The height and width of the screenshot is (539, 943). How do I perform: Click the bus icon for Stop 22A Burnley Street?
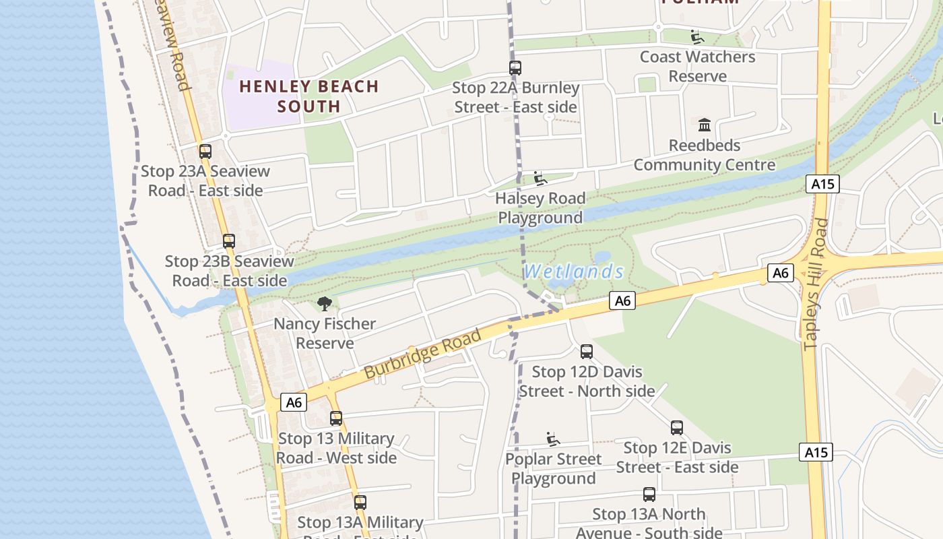[x=515, y=68]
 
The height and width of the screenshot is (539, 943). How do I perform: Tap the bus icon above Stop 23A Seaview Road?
[x=205, y=152]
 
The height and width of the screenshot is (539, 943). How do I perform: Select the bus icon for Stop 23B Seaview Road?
[x=229, y=241]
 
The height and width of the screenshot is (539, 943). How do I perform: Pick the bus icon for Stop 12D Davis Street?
[x=587, y=352]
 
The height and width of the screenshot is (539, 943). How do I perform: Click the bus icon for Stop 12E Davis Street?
[x=677, y=428]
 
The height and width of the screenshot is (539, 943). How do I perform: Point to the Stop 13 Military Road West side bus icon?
[x=336, y=418]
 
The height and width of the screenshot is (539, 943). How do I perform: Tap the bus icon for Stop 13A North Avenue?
[x=649, y=495]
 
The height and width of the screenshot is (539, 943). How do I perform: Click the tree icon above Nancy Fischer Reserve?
[x=325, y=304]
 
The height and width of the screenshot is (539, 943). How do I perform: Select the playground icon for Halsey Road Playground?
[x=540, y=179]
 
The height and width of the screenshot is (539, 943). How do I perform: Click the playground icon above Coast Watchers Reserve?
[x=697, y=37]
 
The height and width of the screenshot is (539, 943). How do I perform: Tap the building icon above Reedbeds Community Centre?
[x=705, y=125]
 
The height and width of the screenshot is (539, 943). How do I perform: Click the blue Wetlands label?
[x=574, y=272]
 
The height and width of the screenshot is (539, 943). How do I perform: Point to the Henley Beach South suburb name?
[x=309, y=96]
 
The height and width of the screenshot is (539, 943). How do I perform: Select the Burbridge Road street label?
[x=423, y=354]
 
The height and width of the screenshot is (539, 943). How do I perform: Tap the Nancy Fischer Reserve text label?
[x=325, y=334]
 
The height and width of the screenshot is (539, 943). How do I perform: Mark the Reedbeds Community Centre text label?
[x=705, y=155]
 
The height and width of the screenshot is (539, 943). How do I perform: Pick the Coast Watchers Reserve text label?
[x=697, y=66]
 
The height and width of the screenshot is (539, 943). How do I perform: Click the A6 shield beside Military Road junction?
[x=294, y=402]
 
